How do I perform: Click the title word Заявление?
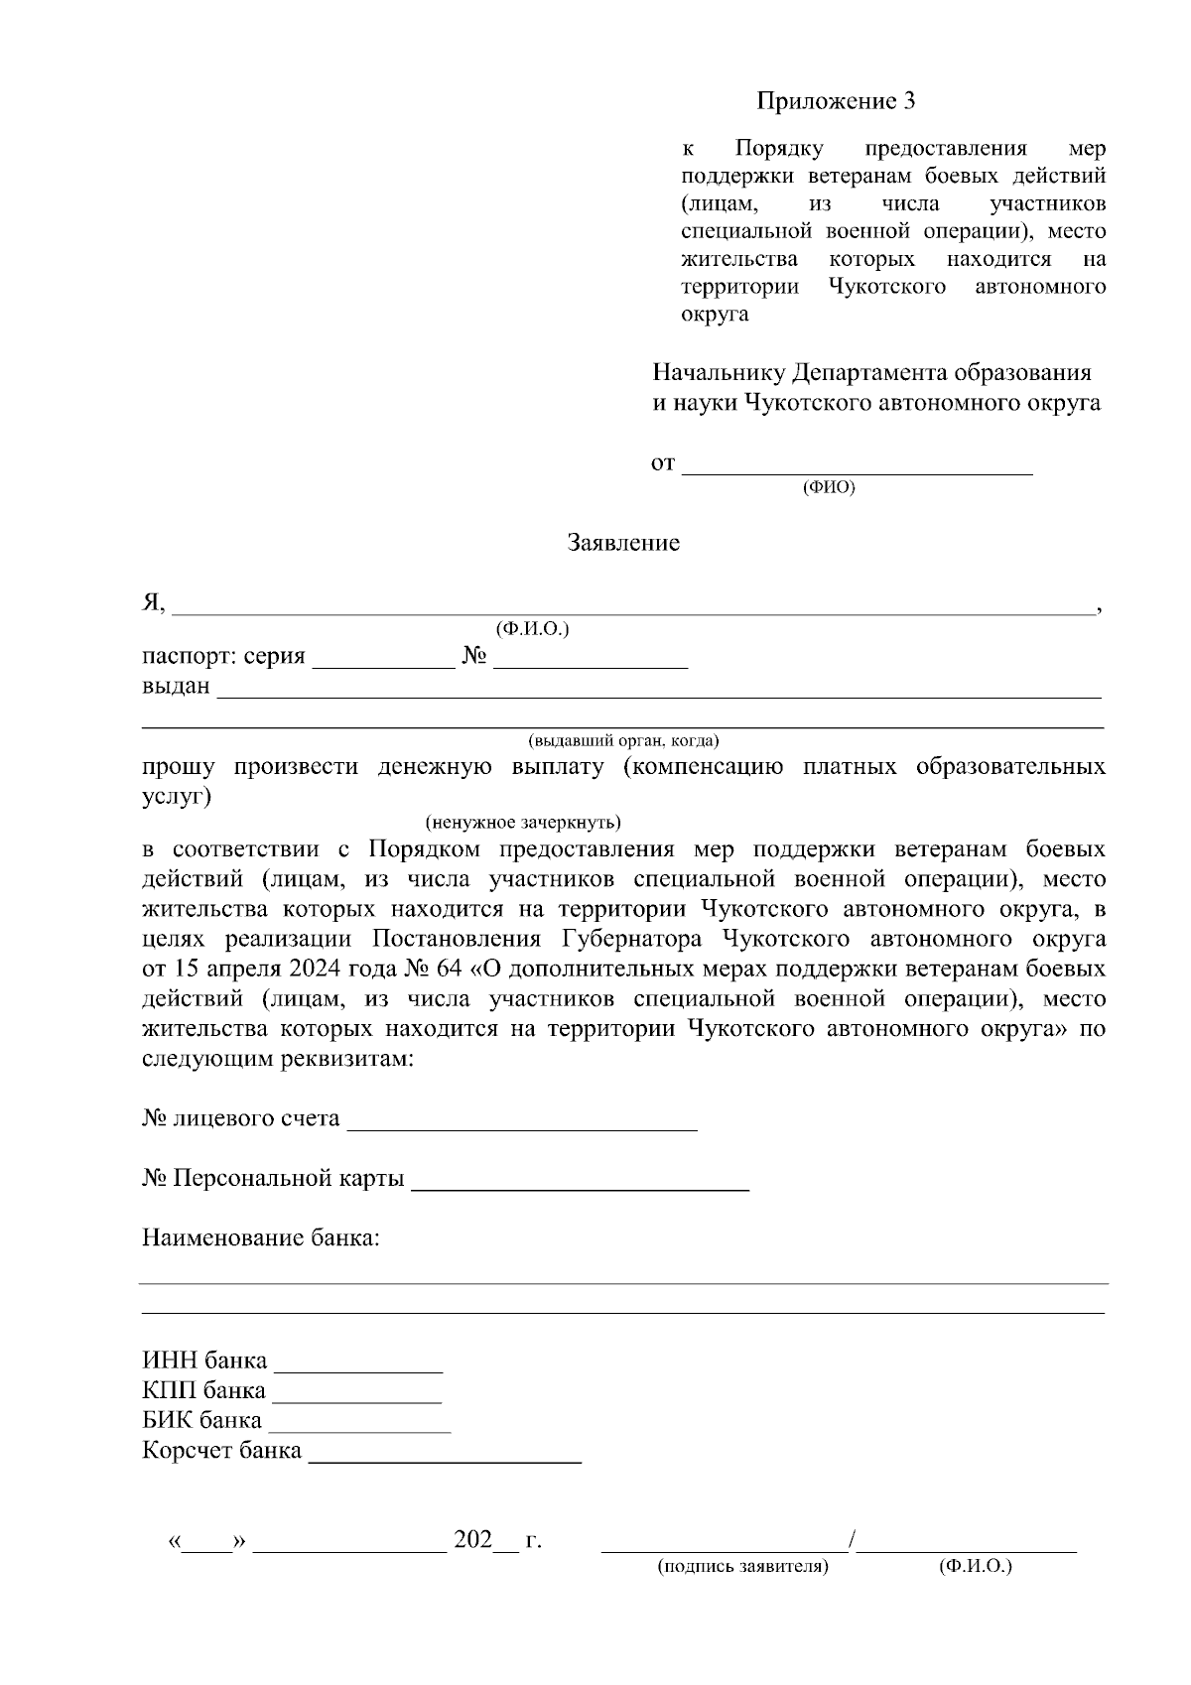623,543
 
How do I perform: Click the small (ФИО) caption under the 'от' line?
828,487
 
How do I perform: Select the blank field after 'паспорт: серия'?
383,659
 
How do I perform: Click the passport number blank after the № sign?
591,659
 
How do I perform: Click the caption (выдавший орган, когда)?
623,740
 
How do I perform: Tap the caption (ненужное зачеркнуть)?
523,823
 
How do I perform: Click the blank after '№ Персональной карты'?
580,1181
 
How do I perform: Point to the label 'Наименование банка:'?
261,1238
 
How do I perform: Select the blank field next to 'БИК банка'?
359,1423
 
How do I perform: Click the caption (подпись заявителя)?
742,1567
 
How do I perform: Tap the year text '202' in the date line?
473,1541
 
